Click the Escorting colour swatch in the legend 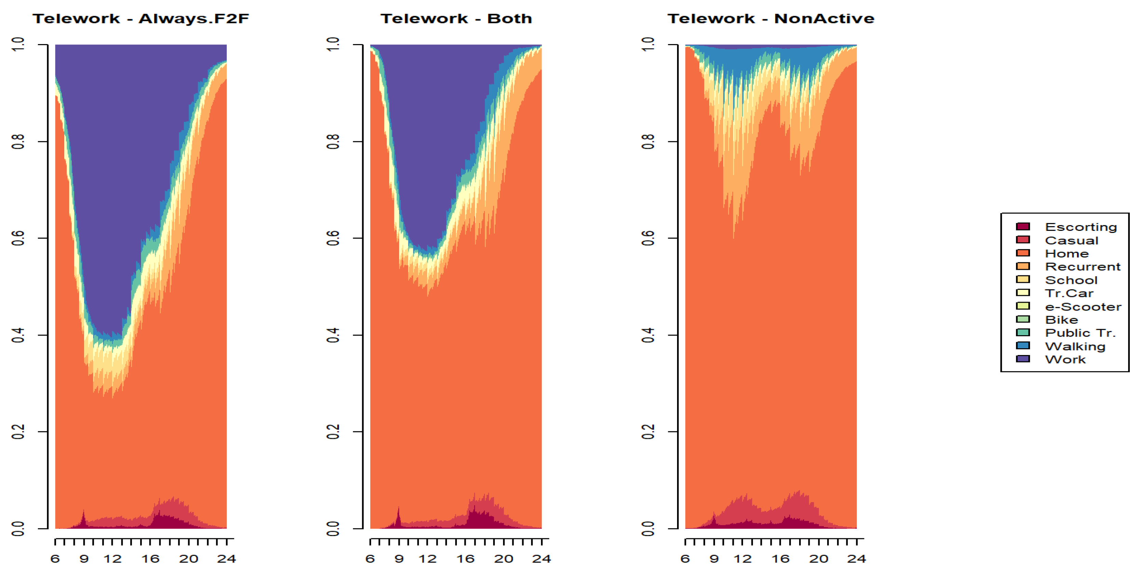pos(1023,227)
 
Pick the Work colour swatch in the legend pos(1023,359)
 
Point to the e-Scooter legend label pos(1083,306)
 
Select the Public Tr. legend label pos(1080,333)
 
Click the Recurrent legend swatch pos(1023,266)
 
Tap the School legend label pos(1071,280)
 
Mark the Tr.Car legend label pos(1069,293)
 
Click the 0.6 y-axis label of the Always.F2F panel pos(18,238)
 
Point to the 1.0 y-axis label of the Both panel pos(333,44)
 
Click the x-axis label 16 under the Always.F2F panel pos(150,559)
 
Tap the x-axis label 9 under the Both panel pos(399,559)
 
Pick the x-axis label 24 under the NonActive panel pos(856,559)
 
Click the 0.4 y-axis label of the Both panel pos(333,335)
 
